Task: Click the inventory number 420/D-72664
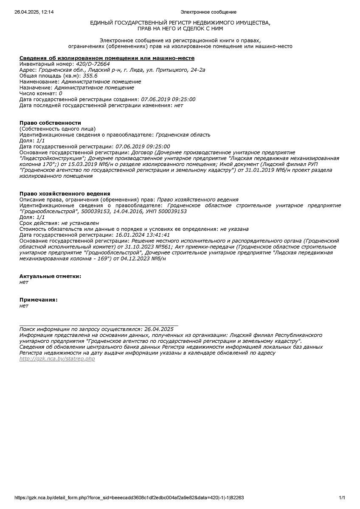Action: [93, 64]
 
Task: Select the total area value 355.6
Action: [90, 76]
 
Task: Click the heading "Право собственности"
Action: [50, 123]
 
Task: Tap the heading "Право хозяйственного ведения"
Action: [65, 194]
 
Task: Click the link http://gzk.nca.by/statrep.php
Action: [57, 359]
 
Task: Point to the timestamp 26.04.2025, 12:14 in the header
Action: [34, 12]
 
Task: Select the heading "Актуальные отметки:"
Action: [50, 277]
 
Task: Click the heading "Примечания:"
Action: [39, 300]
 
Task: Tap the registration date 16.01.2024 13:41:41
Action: [143, 235]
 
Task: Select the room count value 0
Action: [60, 94]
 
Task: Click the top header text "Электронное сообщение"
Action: [208, 12]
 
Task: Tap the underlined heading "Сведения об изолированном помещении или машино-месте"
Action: [107, 58]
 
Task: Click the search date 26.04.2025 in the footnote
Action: [159, 329]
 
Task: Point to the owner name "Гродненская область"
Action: [183, 135]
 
